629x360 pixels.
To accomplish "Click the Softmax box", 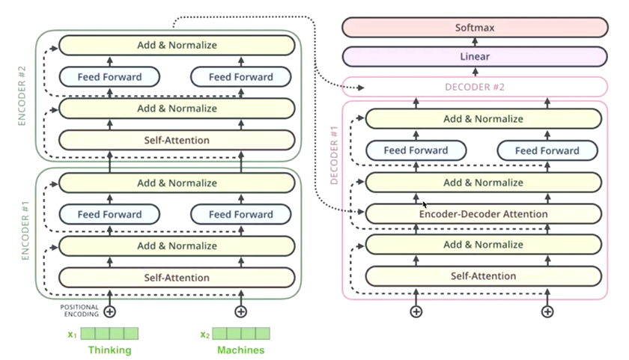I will click(x=475, y=28).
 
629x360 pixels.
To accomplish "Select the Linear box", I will click(x=475, y=57).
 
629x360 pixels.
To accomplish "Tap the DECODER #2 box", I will click(x=475, y=87).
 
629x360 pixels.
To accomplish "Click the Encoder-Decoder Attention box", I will click(x=483, y=214).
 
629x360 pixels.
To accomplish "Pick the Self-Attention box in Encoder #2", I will click(x=177, y=140).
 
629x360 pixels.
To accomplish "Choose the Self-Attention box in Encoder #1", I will click(x=177, y=278).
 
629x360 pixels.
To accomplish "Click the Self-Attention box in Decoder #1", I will click(x=483, y=276).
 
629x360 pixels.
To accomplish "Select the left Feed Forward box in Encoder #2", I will click(x=109, y=77).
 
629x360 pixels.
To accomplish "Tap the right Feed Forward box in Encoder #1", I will click(x=240, y=215).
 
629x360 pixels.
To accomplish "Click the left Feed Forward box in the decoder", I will click(x=416, y=150).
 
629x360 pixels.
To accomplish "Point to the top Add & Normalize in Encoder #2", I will click(x=177, y=45).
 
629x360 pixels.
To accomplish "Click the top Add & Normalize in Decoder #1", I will click(x=483, y=119).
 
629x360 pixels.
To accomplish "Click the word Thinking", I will click(x=109, y=350).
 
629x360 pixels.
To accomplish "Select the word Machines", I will click(x=240, y=350).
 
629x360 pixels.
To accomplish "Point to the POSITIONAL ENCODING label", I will click(x=79, y=309).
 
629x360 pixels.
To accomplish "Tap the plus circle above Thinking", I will click(x=109, y=311).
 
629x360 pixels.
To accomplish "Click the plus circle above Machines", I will click(x=240, y=311).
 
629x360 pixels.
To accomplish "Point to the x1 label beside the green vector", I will click(x=72, y=335).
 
